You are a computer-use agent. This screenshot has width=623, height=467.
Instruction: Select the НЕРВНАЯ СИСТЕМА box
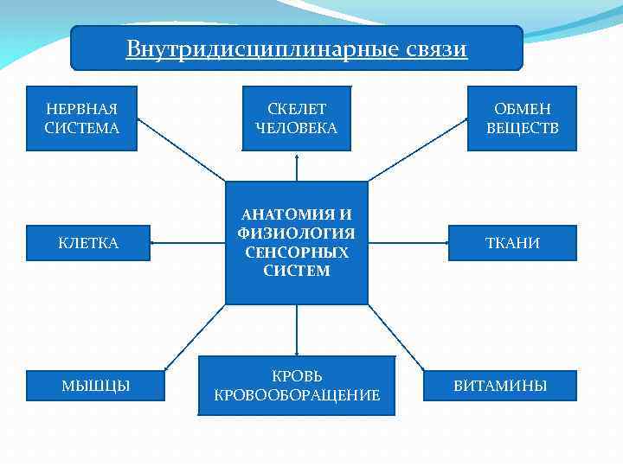click(81, 118)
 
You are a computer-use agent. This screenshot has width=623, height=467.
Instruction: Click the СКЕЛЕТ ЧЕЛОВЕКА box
click(297, 118)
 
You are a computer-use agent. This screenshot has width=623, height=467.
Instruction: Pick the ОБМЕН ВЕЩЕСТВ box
click(522, 118)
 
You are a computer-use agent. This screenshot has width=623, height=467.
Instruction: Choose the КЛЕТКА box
click(88, 243)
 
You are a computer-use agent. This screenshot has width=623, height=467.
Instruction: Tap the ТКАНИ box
click(512, 243)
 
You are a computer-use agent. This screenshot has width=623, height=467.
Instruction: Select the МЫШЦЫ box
click(95, 386)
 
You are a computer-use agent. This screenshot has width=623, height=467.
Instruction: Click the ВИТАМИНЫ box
click(500, 386)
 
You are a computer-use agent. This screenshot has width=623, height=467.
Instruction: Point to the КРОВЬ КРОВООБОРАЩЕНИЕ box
click(297, 386)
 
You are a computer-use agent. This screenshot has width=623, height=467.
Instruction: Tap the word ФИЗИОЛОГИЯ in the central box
click(297, 233)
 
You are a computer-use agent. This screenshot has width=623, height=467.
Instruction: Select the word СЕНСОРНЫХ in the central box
click(297, 253)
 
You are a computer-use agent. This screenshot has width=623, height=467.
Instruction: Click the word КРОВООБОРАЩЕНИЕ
click(297, 395)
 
